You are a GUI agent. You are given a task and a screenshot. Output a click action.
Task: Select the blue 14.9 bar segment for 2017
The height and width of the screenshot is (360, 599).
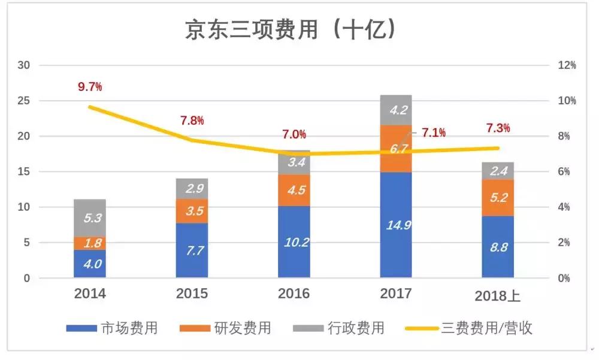pos(396,225)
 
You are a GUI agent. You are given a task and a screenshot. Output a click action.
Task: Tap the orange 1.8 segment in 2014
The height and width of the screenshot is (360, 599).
pos(90,243)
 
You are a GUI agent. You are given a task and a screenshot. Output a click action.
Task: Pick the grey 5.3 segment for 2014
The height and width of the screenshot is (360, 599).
pos(90,218)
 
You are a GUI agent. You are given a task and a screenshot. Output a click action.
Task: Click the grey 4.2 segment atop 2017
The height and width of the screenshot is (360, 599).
pos(396,110)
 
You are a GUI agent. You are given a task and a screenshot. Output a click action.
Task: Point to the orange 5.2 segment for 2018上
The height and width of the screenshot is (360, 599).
pos(498,198)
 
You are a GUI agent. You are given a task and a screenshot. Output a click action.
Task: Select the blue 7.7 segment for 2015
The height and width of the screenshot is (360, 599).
pos(192,250)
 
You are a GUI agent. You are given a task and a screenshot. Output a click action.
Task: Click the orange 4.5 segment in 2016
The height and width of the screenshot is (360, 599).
pos(294,190)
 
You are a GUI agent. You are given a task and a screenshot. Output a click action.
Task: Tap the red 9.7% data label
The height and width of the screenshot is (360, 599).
pos(90,87)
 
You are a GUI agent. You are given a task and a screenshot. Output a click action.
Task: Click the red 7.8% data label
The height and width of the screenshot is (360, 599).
pos(192,120)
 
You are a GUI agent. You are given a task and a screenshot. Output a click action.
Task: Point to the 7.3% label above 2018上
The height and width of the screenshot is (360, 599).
pos(498,128)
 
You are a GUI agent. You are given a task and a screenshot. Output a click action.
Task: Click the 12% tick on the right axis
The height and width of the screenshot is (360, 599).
pos(567,65)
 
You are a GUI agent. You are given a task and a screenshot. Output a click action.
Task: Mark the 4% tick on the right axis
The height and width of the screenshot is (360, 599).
pos(565,207)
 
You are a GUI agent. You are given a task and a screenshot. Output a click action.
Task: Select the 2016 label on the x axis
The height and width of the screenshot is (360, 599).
pos(294,294)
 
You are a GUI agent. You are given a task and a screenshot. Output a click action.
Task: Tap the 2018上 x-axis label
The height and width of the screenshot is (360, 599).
pos(498,295)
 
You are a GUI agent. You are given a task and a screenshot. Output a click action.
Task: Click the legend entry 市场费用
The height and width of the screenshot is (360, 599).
pos(129,328)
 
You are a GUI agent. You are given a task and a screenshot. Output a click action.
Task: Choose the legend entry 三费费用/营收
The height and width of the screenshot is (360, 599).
pos(486,328)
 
